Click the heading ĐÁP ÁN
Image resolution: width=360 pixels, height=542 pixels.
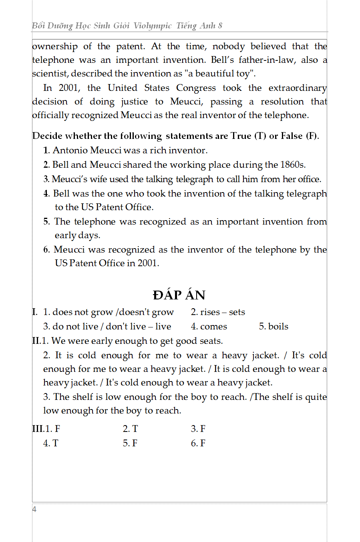[x=179, y=295]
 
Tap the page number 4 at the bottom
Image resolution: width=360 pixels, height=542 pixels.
[x=34, y=509]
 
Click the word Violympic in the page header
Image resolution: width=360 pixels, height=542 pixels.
[x=152, y=26]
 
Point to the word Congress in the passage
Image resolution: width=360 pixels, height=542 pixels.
[x=196, y=88]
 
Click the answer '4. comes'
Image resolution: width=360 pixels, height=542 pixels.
[x=209, y=326]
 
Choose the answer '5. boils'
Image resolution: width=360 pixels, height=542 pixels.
[x=274, y=326]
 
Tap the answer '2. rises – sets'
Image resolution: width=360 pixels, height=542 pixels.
[x=218, y=312]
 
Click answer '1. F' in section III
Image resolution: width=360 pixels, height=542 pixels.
[x=52, y=429]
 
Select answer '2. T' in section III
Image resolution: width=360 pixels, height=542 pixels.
[x=130, y=429]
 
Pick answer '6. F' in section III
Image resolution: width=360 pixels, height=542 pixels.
[x=198, y=443]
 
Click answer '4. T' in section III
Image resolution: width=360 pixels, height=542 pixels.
[x=50, y=443]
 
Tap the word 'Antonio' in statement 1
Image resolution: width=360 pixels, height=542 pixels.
[x=70, y=150]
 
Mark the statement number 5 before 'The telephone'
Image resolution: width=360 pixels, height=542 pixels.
[x=46, y=221]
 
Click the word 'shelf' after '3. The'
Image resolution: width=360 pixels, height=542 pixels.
[x=82, y=397]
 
